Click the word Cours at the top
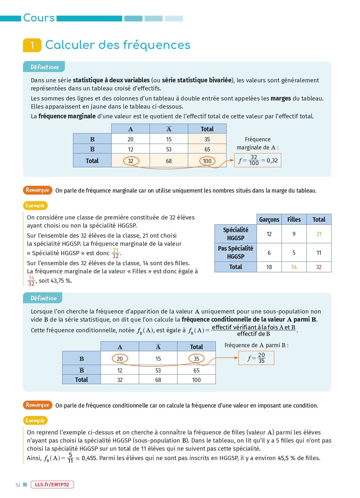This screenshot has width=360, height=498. coord(39,18)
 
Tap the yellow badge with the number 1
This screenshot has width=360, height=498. coord(32,45)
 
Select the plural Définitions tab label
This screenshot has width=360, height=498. coord(44,67)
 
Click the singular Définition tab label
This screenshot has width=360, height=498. coord(43,298)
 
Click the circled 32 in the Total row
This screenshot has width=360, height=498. coord(131,161)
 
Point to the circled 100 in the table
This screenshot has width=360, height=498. coord(207,161)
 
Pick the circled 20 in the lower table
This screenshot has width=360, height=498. coord(120,359)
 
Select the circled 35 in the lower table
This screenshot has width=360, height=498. coord(196,359)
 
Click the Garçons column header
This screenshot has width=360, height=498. coord(269,219)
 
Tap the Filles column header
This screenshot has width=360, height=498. coord(294,219)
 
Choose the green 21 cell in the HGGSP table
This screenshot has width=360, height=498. coord(319,234)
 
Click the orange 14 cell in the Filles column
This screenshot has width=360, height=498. coord(294,267)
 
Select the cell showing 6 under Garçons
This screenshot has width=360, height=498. coord(269,253)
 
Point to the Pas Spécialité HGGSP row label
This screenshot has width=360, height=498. coord(236,253)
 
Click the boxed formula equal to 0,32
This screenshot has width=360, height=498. coord(258,160)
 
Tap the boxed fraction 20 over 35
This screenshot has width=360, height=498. coord(256,358)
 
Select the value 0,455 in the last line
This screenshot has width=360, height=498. coord(89,458)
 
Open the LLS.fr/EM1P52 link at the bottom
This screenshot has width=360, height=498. coord(52,485)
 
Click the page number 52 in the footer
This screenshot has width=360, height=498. coord(18,485)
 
